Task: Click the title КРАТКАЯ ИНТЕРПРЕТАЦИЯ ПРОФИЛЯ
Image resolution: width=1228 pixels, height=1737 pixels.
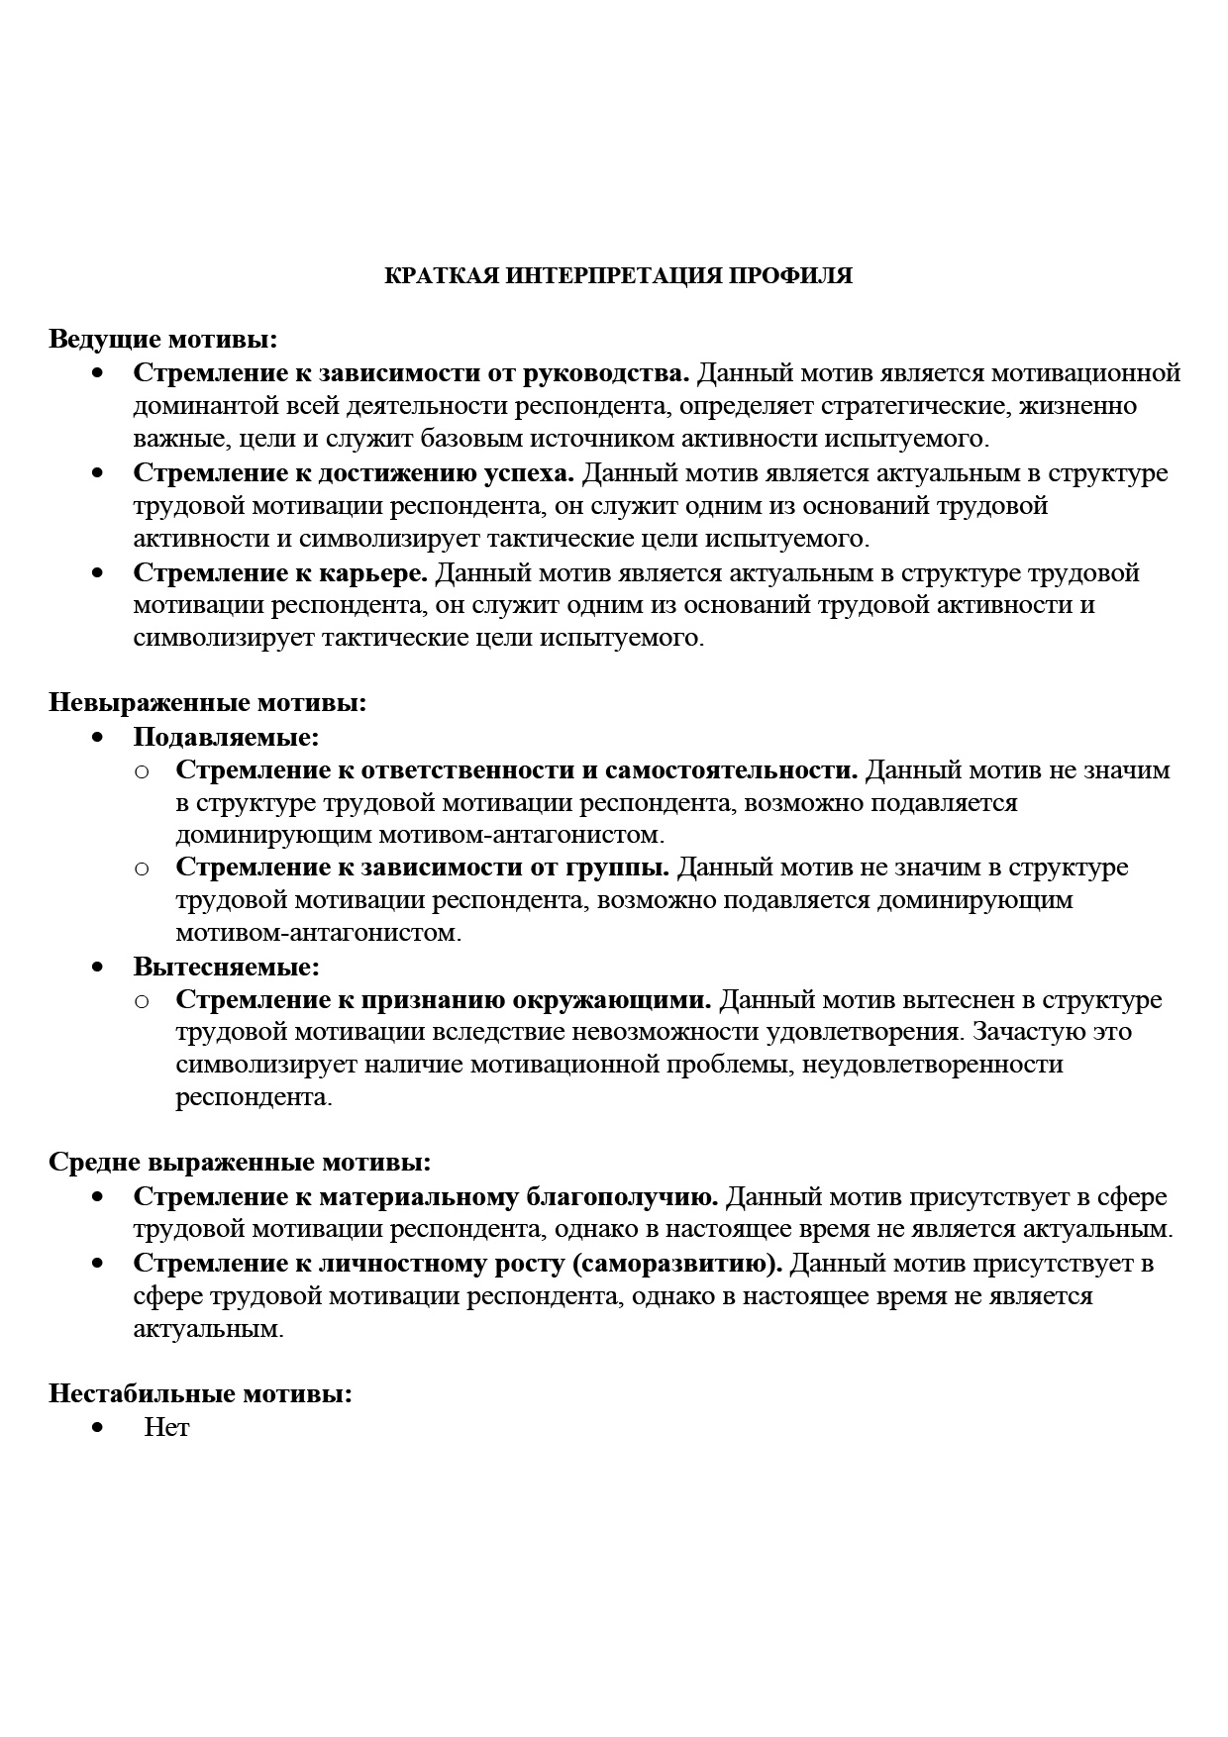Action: pos(618,276)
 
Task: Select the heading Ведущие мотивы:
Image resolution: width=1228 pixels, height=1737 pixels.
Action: pos(163,340)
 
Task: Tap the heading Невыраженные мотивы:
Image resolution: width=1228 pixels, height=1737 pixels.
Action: pos(208,703)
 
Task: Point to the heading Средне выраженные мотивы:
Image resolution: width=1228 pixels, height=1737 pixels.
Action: pos(240,1162)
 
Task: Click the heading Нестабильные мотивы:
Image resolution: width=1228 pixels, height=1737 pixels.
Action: pos(201,1394)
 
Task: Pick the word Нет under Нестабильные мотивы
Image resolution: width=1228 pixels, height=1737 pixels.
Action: pos(166,1428)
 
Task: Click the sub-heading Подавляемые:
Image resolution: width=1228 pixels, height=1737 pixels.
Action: pos(227,737)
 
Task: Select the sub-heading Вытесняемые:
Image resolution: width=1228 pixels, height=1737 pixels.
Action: pos(227,966)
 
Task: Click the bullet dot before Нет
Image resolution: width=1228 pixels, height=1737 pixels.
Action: pos(97,1428)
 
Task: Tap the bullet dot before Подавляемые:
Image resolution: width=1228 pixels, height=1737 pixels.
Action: pos(97,737)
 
